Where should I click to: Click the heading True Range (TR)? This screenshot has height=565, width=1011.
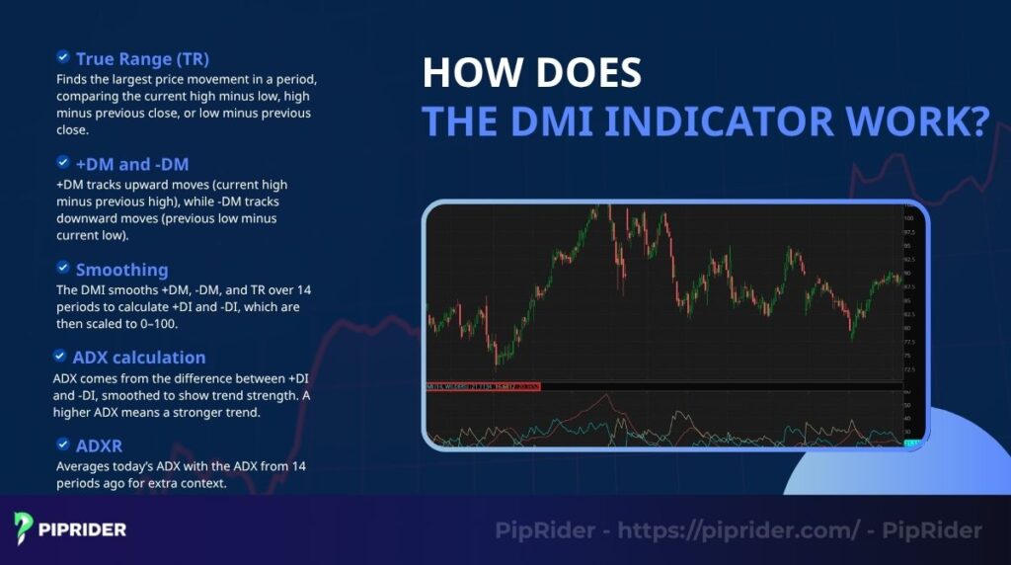[142, 58]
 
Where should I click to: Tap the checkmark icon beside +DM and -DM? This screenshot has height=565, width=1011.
[63, 163]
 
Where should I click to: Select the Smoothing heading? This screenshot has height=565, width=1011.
[121, 270]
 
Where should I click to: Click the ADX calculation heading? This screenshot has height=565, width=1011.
[139, 357]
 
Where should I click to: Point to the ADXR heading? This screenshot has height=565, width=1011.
[99, 445]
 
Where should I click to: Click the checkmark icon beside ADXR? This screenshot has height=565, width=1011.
[63, 444]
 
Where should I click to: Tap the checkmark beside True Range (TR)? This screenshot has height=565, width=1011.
[63, 57]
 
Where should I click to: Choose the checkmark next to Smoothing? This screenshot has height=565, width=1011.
[63, 269]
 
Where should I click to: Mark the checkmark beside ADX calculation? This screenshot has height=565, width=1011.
[59, 356]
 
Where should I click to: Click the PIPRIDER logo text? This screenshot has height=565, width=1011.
[83, 529]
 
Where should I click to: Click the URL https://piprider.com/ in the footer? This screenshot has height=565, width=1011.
[737, 530]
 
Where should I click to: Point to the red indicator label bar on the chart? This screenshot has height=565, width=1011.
[484, 385]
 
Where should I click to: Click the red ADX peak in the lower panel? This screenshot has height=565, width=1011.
[610, 397]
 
